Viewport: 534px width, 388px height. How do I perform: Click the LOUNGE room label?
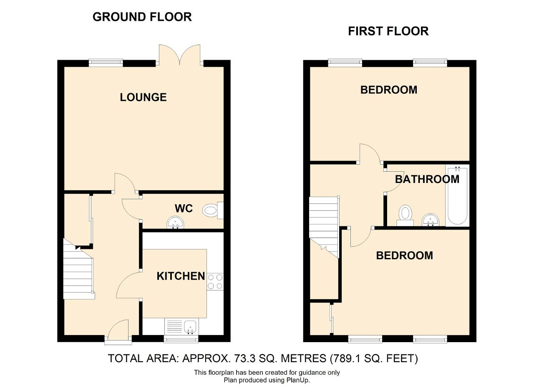(x=143, y=97)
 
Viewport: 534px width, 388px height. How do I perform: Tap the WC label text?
(x=184, y=208)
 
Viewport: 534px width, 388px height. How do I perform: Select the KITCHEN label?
(x=181, y=276)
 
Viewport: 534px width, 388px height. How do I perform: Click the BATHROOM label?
(x=427, y=179)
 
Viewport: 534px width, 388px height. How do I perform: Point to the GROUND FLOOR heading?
(x=142, y=17)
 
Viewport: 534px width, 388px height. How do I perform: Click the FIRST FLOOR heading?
(x=388, y=31)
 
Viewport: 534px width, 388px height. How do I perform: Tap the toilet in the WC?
(x=213, y=210)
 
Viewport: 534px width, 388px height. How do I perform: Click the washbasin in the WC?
(x=175, y=222)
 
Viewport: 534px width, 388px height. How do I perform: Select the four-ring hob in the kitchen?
(x=215, y=282)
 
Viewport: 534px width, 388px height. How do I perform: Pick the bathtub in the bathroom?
(x=458, y=195)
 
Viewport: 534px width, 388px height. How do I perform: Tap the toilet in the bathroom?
(x=405, y=215)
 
